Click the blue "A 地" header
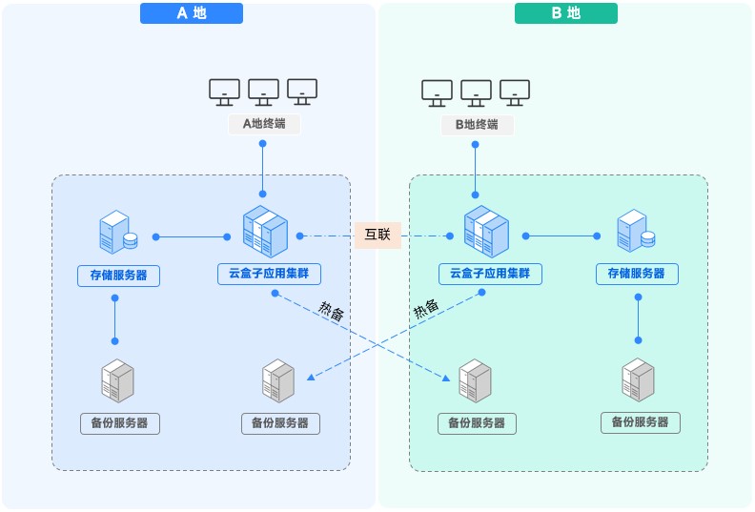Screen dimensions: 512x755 click(x=192, y=13)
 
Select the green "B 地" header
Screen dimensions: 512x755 click(x=565, y=13)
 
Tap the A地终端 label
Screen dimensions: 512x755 click(x=263, y=124)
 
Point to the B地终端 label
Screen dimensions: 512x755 click(x=476, y=124)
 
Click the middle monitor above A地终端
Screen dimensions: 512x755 click(x=263, y=92)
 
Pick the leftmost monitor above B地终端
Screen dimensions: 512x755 click(x=438, y=92)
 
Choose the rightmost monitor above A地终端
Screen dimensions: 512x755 click(x=301, y=92)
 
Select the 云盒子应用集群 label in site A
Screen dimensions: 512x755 click(x=269, y=275)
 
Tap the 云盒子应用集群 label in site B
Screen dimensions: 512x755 click(x=490, y=275)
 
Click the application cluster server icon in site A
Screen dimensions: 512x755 click(x=265, y=232)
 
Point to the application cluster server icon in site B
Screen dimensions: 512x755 click(x=486, y=232)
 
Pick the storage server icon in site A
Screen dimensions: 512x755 click(x=117, y=233)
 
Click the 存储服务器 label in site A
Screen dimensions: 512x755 click(x=118, y=276)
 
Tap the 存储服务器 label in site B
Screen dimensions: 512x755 click(x=637, y=275)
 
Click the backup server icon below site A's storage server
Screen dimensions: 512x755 click(x=118, y=380)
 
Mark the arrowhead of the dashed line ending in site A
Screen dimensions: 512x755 click(x=310, y=379)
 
